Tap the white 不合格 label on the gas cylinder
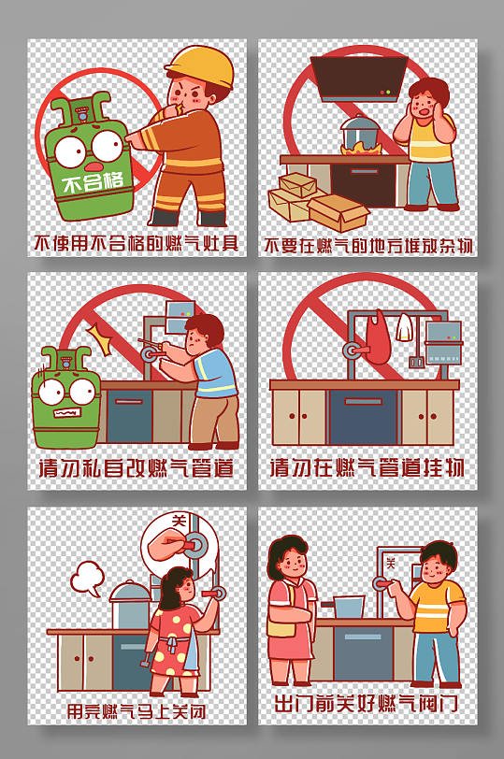(93, 182)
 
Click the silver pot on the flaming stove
(359, 132)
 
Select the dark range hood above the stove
(358, 79)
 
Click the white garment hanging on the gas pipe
(403, 327)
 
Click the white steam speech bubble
(88, 578)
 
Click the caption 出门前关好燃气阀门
(367, 703)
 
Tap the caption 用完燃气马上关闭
(136, 711)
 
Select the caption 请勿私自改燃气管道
(136, 468)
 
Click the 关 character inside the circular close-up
(180, 521)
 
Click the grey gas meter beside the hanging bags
(443, 343)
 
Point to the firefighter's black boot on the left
(162, 218)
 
